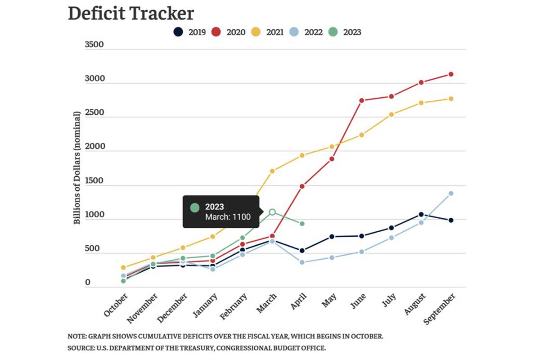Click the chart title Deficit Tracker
[x=130, y=13]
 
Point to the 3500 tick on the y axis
[x=94, y=45]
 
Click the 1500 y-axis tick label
[x=94, y=181]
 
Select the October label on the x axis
[x=116, y=305]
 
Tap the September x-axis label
[x=440, y=309]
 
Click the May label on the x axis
[x=329, y=300]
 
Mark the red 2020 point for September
[x=450, y=74]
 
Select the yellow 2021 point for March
[x=272, y=171]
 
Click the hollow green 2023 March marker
[x=272, y=212]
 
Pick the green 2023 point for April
[x=302, y=224]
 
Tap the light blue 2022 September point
[x=450, y=193]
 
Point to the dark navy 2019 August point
[x=421, y=214]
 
